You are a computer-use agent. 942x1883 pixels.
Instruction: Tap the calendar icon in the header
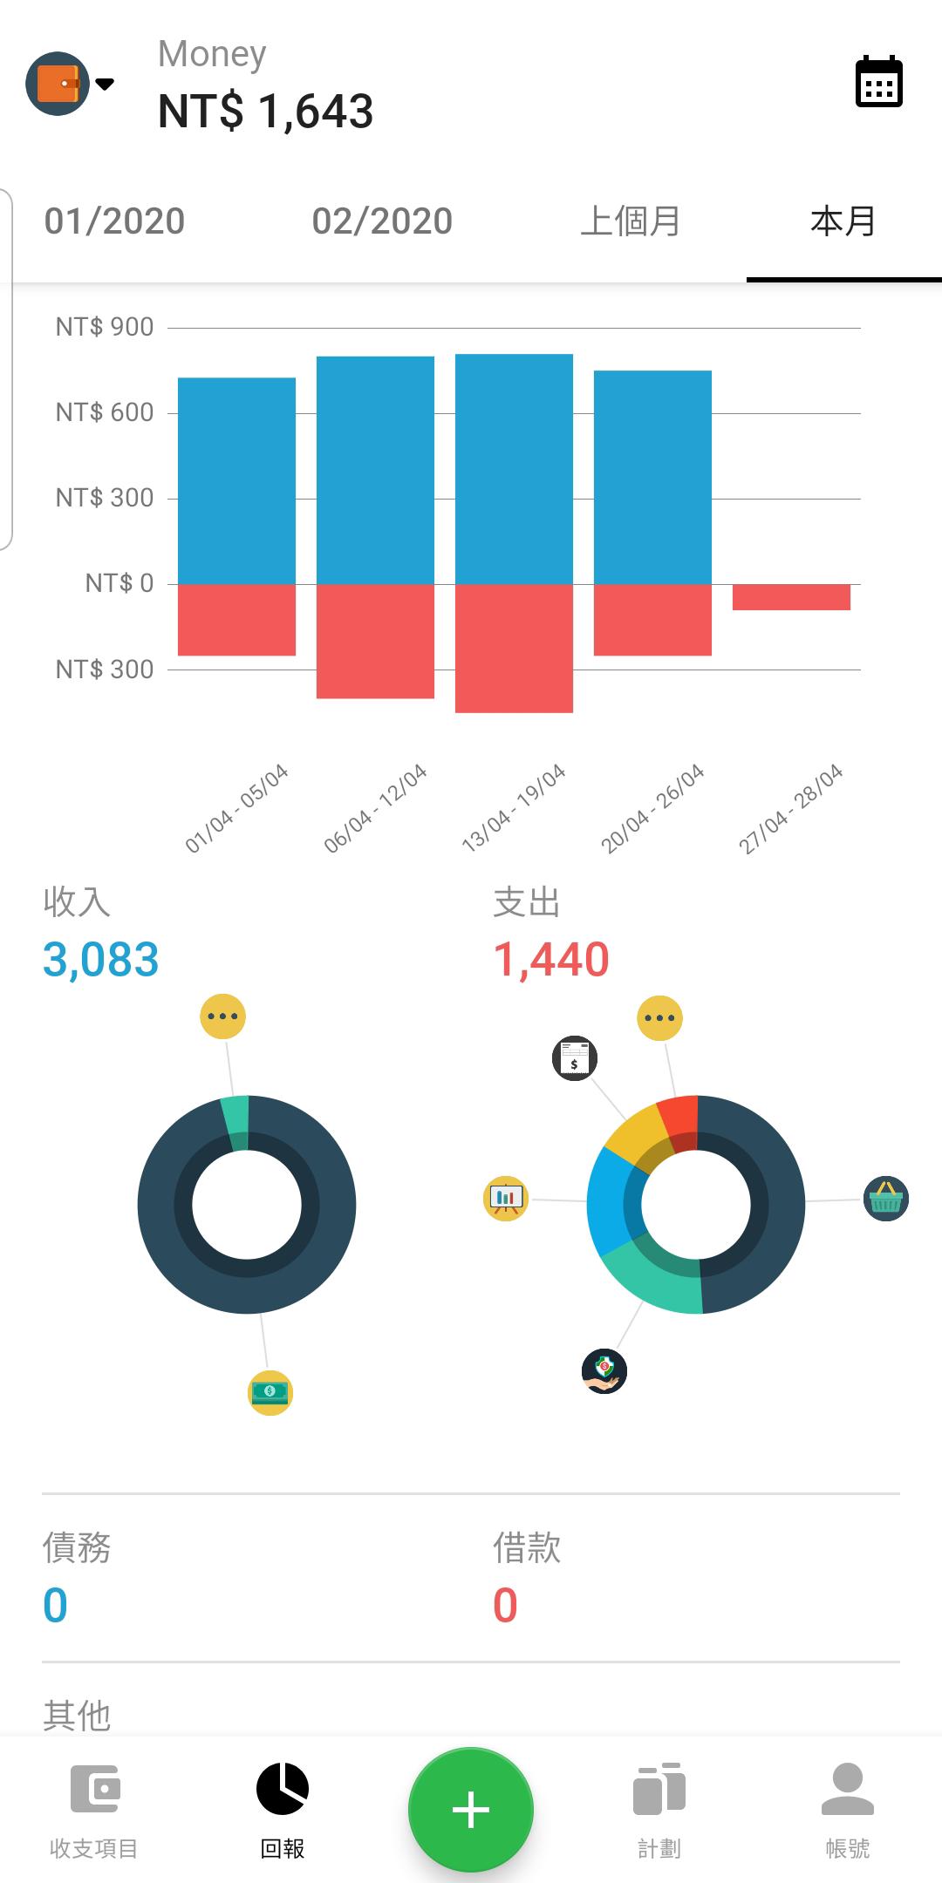point(878,82)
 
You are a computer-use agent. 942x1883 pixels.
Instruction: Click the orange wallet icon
point(58,84)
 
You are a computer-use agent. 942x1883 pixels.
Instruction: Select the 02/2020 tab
point(382,221)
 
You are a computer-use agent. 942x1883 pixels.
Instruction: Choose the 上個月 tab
point(630,221)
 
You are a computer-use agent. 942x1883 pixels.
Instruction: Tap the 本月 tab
point(843,221)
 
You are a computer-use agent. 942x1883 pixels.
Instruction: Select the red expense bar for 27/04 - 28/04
point(791,597)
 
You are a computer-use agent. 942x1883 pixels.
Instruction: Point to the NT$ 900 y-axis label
point(105,327)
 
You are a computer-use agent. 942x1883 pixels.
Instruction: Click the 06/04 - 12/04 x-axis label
point(376,808)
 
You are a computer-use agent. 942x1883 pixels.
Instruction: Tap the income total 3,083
point(101,960)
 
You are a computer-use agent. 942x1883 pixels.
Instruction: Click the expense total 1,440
point(551,960)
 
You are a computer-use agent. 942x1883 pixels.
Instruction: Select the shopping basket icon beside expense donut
point(885,1199)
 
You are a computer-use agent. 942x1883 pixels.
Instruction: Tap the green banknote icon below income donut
point(270,1392)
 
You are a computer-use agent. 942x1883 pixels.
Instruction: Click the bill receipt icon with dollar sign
point(575,1058)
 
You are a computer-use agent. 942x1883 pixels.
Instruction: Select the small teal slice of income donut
point(236,1123)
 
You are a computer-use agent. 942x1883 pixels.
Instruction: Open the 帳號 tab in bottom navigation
point(847,1809)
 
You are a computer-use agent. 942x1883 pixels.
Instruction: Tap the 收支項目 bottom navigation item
point(94,1809)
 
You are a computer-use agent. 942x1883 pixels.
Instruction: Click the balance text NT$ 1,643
point(265,112)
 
